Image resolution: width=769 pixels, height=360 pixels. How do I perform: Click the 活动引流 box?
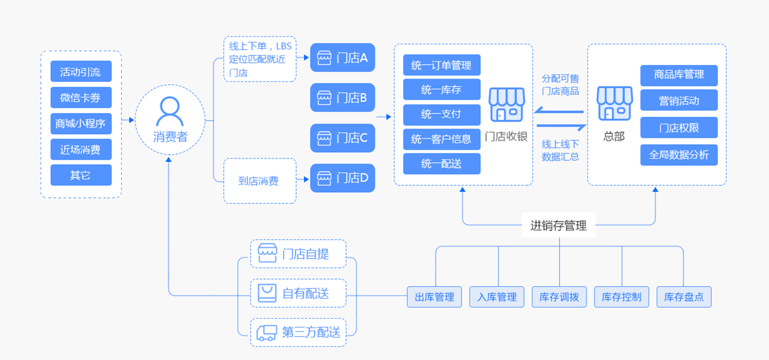80,72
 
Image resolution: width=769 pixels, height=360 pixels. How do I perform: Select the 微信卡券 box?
80,98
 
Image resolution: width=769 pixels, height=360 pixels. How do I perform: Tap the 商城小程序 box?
80,124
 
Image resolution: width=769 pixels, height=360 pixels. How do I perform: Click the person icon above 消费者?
170,112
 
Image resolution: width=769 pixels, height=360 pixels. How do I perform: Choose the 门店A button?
342,58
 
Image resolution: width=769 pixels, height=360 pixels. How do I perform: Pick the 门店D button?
342,178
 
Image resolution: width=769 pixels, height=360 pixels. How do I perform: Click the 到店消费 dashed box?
259,181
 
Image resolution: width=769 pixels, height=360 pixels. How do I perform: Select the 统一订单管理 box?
442,65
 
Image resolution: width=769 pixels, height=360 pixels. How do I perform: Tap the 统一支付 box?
442,115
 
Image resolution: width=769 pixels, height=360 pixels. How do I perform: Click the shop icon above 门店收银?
506,104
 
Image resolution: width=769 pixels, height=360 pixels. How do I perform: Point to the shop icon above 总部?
614,104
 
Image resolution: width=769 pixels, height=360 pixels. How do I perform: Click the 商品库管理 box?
679,75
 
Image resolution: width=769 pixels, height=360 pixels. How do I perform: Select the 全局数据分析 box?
679,155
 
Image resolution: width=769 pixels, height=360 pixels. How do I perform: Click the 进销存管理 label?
559,226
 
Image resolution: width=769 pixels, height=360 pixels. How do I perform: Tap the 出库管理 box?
435,297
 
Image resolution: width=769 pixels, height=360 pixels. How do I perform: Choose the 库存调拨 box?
559,297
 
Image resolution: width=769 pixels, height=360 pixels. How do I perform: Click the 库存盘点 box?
684,297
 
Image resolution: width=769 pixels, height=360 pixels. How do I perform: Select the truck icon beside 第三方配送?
267,333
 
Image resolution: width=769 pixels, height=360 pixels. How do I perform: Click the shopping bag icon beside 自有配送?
267,293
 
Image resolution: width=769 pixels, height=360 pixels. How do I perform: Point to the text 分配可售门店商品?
560,85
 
